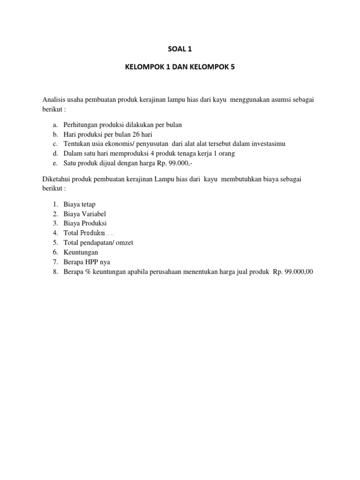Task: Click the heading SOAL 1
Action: (180, 48)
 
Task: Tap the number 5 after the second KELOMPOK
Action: (231, 67)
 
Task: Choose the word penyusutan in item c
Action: (143, 144)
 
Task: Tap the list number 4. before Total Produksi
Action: (55, 233)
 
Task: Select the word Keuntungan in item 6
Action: (81, 252)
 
